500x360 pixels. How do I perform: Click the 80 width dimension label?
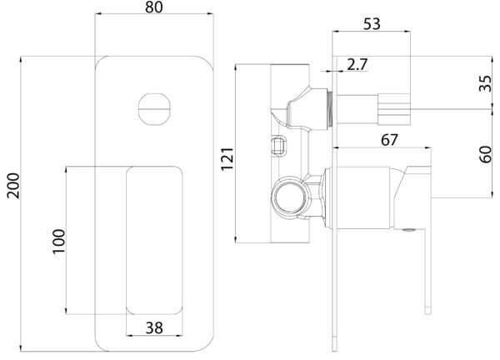pos(154,7)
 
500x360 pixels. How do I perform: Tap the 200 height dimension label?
pos(13,186)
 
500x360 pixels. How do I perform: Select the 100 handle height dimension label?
pos(58,241)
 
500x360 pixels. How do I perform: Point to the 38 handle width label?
pos(154,327)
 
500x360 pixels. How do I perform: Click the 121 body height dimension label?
pos(227,159)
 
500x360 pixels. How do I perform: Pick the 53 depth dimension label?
pos(372,24)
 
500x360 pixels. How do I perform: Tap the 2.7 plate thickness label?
pos(357,64)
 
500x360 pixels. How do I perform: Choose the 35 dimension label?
pos(485,83)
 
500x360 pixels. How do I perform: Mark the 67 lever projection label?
pos(389,140)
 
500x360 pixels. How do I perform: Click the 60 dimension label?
pos(485,154)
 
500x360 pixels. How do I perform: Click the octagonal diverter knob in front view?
pos(154,109)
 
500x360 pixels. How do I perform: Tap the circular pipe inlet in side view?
pos(289,197)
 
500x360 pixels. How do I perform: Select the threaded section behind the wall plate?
pos(330,108)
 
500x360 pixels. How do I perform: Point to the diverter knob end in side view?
pos(394,109)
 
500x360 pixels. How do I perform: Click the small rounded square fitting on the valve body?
pos(278,145)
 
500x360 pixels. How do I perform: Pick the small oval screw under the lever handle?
pos(408,230)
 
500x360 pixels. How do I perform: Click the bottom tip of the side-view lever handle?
pos(428,314)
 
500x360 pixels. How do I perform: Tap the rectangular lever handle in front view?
pos(154,240)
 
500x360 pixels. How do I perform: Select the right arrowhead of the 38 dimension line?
pos(182,335)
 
